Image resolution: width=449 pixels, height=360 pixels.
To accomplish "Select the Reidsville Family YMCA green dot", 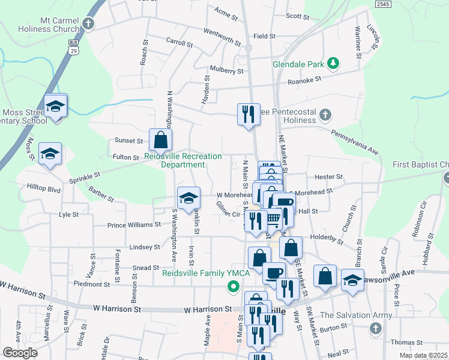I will (x=233, y=286).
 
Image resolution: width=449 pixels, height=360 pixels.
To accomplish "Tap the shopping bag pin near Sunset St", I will (x=160, y=140).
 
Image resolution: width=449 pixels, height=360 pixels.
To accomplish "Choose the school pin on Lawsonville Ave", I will (x=352, y=279).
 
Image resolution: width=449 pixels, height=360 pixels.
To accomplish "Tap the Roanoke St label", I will (x=305, y=80).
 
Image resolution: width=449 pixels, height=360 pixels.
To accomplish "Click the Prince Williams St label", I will (x=134, y=225).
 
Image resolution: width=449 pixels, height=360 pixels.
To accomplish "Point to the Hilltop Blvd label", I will (x=44, y=188).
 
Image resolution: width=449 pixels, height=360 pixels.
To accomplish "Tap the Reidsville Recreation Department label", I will (x=184, y=160).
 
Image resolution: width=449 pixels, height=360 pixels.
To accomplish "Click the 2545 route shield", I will (x=383, y=4).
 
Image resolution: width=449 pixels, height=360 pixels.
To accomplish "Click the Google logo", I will (x=20, y=353).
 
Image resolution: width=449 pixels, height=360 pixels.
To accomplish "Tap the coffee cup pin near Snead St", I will (x=274, y=272).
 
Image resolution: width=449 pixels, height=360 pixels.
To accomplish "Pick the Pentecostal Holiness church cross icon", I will (x=325, y=114).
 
